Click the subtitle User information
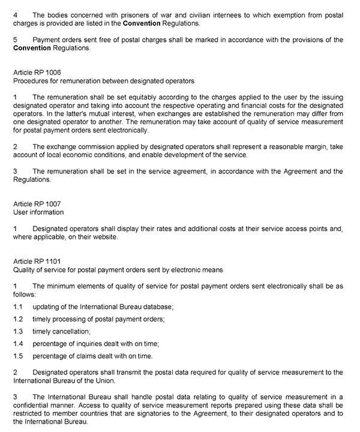point(38,212)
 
